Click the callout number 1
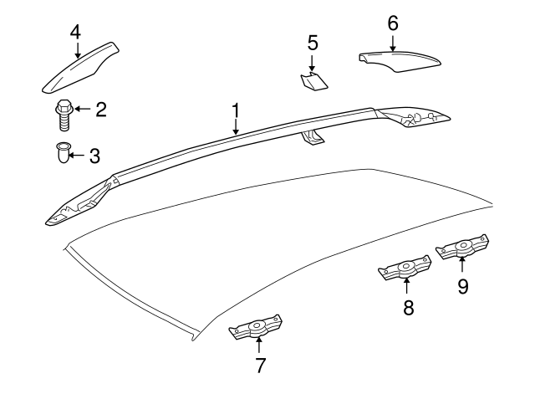236,110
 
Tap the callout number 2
100,108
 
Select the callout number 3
94,155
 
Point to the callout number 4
75,33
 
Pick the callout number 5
313,41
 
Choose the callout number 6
393,23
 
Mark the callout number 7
260,365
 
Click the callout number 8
408,308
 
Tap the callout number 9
462,287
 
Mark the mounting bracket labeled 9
461,249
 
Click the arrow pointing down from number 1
236,127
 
